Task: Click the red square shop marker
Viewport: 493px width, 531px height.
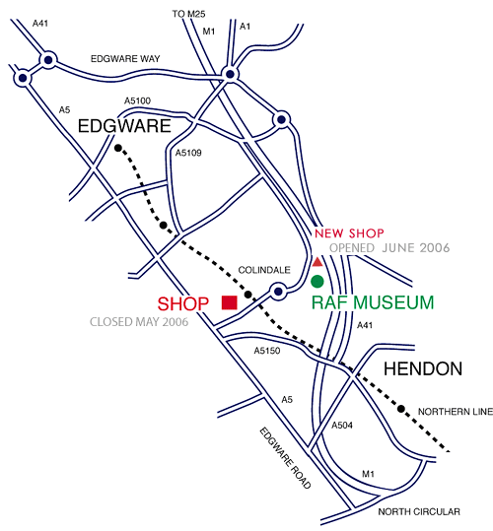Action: tap(230, 302)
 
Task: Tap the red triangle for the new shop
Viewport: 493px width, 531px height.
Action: tap(317, 262)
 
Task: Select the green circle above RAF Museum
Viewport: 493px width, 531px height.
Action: tap(317, 281)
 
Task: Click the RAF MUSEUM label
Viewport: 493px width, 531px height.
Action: tap(373, 302)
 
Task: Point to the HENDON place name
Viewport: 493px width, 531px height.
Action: tap(423, 368)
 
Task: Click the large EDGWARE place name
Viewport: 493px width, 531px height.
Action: tap(124, 126)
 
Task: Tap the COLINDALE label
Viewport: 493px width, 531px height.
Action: tap(264, 270)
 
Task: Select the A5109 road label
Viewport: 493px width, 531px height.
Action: tap(188, 153)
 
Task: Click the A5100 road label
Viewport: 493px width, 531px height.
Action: tap(138, 100)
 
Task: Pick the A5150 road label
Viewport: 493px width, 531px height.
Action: tap(267, 351)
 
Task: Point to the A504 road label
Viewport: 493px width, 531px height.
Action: tap(342, 425)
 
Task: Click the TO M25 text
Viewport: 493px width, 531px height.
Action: tap(188, 14)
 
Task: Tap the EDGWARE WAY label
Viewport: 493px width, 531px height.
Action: tap(125, 59)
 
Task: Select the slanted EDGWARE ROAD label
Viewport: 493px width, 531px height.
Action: tap(285, 458)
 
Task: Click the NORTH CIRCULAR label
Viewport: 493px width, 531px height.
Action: tap(419, 511)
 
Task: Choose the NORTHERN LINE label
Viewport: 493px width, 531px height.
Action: tap(456, 412)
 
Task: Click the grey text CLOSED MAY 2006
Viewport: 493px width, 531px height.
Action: tap(139, 322)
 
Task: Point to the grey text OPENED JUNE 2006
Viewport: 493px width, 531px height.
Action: tap(389, 248)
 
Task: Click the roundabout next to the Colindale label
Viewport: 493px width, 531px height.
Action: tap(278, 291)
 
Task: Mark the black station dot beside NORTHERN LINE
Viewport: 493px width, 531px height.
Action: tap(401, 409)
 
